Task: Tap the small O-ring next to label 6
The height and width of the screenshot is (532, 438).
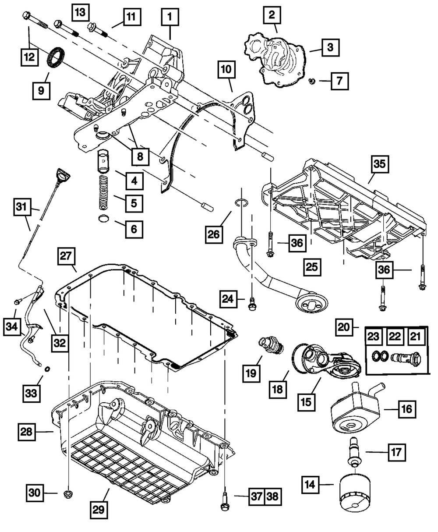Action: point(104,219)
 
